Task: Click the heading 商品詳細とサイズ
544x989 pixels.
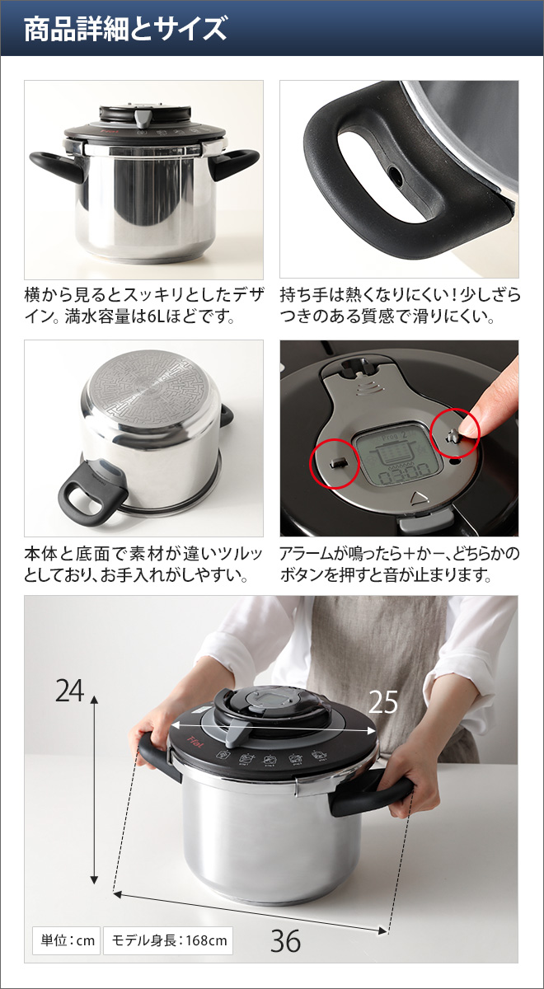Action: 124,29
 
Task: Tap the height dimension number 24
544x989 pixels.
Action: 70,691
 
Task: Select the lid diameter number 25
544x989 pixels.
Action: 382,701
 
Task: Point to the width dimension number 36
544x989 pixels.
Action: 285,941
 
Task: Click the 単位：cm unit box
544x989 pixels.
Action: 65,940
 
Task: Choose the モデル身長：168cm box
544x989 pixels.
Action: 167,940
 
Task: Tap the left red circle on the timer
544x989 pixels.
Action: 334,464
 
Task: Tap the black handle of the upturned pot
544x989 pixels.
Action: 91,494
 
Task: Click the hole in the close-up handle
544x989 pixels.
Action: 396,176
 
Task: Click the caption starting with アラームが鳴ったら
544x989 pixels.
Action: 399,564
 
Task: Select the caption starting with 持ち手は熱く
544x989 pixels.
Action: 399,305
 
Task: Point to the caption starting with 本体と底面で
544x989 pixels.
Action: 143,564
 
